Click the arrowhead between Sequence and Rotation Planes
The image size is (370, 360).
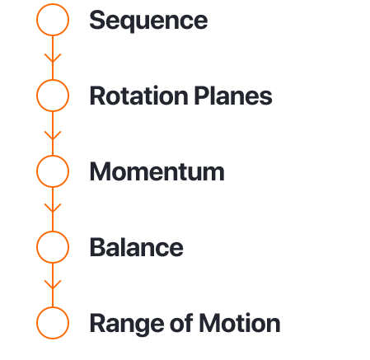coord(53,58)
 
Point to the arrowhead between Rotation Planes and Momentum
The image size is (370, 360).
coord(53,136)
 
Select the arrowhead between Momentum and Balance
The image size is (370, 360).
coord(53,208)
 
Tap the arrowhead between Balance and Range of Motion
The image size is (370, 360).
coord(53,285)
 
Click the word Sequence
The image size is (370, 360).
coord(148,21)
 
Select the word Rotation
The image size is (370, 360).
coord(139,96)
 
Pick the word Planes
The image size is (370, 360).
coord(233,96)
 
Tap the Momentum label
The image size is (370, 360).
coord(157,171)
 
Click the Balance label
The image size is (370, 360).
coord(137,247)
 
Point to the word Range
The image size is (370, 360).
coord(128,324)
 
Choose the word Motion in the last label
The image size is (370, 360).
coord(240,323)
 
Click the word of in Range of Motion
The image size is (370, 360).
coord(181,323)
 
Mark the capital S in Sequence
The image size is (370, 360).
coord(97,20)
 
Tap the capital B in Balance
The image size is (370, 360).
coord(98,247)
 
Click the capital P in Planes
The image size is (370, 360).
coord(202,96)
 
